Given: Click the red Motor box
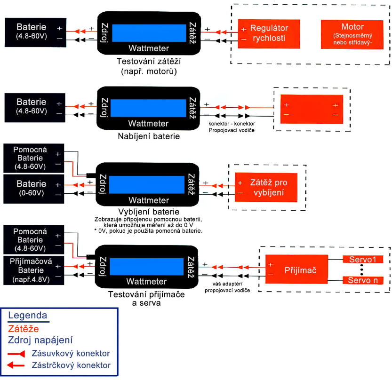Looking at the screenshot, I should [x=352, y=34].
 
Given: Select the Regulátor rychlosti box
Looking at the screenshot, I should [x=269, y=33].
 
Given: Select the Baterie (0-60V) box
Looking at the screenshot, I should [x=32, y=188].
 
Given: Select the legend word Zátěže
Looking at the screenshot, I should [x=24, y=328].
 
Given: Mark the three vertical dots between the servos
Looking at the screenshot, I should [x=362, y=270].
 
